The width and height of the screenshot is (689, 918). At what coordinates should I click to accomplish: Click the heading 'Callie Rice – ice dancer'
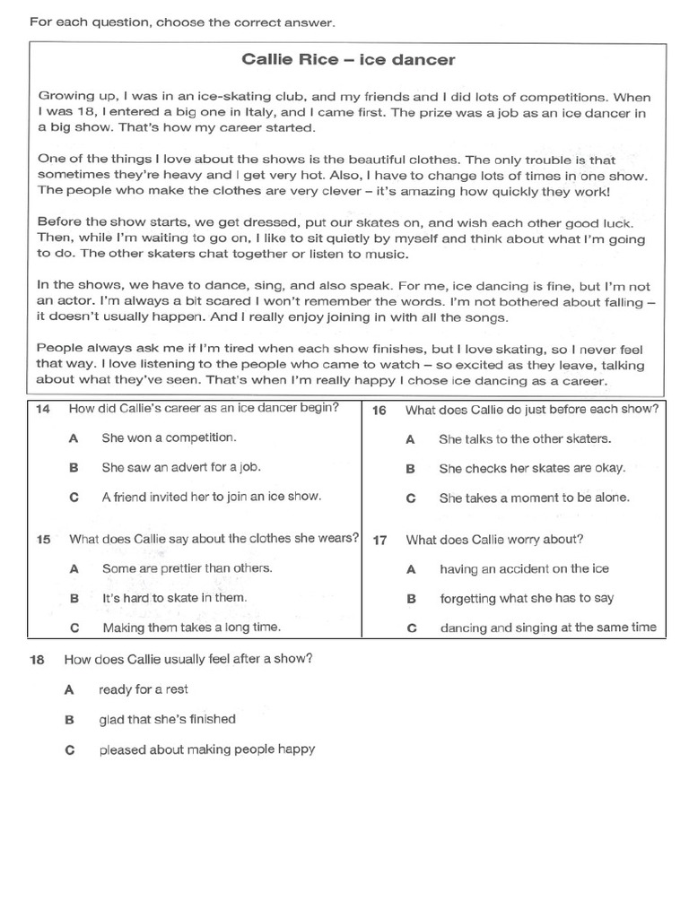348,60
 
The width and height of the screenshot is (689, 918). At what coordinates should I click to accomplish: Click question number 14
43,409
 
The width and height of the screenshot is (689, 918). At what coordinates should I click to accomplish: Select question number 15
43,540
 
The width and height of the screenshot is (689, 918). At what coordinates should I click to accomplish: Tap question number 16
379,410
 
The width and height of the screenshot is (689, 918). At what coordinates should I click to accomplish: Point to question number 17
379,541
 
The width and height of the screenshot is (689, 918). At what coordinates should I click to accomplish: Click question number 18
37,659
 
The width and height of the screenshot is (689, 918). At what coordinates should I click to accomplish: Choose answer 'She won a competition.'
169,438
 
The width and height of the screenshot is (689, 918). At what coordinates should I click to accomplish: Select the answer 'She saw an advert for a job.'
181,467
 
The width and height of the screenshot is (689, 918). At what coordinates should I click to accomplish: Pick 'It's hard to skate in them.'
174,597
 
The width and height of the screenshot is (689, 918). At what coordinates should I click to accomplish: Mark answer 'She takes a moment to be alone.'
534,498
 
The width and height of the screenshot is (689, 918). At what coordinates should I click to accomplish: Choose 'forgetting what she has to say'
527,598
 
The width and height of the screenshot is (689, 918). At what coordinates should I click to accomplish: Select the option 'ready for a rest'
144,689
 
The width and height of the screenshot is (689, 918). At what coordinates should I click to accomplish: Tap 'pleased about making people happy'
207,749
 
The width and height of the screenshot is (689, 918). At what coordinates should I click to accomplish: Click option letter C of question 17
411,628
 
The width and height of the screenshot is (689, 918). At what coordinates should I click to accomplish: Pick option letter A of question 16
410,439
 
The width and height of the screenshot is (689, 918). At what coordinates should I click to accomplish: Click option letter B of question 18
68,719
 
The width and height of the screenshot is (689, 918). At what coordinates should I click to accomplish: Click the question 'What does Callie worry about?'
494,540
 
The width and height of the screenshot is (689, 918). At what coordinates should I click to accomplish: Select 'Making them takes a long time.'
191,628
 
